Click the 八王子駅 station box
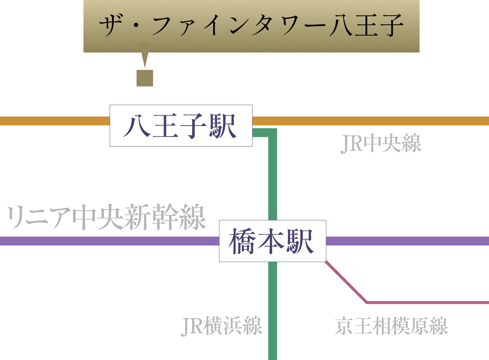181,126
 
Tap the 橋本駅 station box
273,241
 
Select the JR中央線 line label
381,143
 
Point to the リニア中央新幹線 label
106,217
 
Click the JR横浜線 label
222,326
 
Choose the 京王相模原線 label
391,326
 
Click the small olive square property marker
145,78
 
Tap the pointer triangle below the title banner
145,55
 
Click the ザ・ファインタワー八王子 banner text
251,25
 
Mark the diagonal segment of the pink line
346,282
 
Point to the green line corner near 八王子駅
273,133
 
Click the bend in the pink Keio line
367,303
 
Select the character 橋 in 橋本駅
242,241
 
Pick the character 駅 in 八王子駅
223,126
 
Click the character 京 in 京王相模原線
343,326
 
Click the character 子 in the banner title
392,25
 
